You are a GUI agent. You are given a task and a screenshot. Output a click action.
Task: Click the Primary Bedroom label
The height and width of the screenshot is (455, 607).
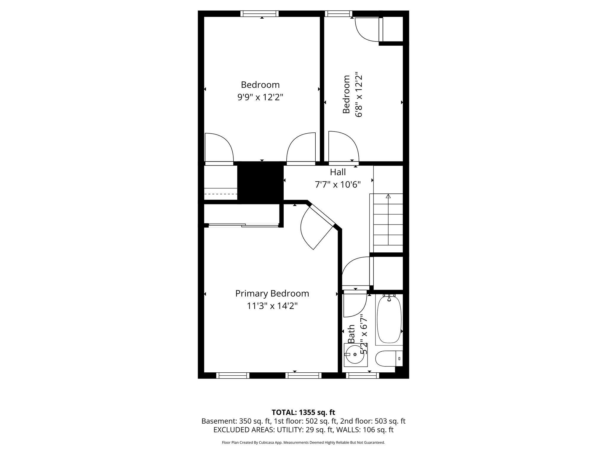[x=272, y=293]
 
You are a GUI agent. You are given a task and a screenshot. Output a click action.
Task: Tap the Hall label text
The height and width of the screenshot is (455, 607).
[x=338, y=172]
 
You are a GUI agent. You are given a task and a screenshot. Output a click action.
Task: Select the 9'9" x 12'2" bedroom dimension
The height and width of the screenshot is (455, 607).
[x=260, y=97]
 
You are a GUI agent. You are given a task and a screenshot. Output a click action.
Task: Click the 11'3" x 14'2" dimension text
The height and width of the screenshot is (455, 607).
[x=272, y=306]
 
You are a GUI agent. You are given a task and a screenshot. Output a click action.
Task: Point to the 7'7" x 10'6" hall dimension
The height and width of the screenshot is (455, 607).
[x=338, y=185]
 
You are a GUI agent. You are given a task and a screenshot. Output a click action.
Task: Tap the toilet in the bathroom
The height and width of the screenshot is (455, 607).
[x=388, y=358]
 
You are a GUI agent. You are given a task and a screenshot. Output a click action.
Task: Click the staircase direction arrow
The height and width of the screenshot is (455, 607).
[x=388, y=196]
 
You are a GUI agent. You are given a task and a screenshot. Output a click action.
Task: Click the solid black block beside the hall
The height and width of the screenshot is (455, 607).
[x=260, y=183]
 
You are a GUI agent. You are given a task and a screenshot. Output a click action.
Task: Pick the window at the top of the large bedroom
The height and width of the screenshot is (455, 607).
[x=259, y=14]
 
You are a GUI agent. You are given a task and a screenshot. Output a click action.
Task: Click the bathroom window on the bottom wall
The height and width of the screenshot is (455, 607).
[x=362, y=375]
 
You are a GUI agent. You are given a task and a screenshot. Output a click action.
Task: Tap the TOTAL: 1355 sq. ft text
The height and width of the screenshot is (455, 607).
[x=303, y=412]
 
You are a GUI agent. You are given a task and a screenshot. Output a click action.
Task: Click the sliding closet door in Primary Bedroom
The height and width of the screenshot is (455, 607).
[x=243, y=226]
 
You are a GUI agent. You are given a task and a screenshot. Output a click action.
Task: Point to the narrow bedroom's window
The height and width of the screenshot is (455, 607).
[x=338, y=14]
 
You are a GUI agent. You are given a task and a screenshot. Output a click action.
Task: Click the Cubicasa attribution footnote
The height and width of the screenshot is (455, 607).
[x=303, y=443]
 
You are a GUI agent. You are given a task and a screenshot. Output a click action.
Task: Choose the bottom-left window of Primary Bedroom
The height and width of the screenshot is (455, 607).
[x=233, y=375]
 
